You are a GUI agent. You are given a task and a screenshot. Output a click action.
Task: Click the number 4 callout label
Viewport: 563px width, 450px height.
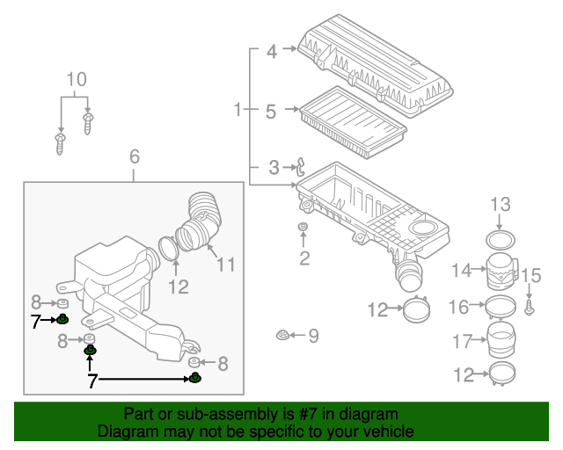272,52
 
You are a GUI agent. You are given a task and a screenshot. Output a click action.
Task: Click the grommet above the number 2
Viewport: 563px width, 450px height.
303,230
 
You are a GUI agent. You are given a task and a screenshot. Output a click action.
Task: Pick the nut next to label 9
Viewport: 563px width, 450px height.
282,335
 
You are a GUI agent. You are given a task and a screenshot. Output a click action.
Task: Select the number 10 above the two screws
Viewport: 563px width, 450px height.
77,80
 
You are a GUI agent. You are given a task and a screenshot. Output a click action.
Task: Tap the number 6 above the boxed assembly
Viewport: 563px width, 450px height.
135,156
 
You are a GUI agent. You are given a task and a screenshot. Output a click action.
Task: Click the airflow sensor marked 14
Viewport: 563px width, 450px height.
501,271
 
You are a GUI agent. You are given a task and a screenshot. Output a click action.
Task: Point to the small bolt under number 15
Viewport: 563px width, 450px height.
529,307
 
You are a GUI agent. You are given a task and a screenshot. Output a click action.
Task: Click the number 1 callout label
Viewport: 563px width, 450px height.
238,111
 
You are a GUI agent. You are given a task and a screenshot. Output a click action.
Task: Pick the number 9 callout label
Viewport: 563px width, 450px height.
313,336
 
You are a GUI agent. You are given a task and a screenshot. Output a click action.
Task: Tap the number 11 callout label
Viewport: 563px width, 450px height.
226,264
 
